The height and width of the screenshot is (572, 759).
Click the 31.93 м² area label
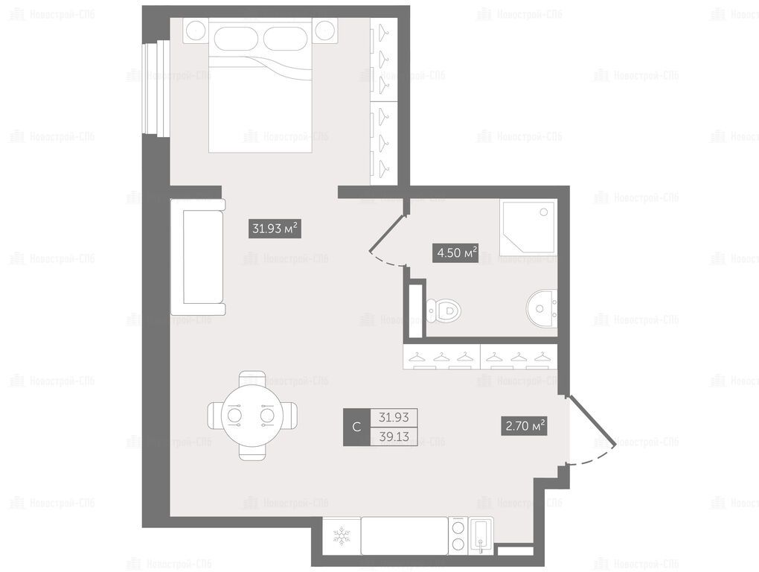pyautogui.click(x=275, y=228)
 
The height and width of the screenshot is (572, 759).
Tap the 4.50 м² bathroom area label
pyautogui.click(x=455, y=252)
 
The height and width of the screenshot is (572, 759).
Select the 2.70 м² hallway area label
pyautogui.click(x=524, y=426)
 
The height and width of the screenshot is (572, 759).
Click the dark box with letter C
pyautogui.click(x=356, y=427)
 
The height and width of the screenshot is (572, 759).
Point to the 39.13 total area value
pyautogui.click(x=394, y=436)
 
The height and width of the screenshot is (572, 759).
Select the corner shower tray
pyautogui.click(x=528, y=229)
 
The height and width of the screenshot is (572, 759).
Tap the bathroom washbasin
pyautogui.click(x=542, y=308)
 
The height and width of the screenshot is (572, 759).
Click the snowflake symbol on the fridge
pyautogui.click(x=342, y=536)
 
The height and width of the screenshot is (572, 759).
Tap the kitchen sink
pyautogui.click(x=481, y=536)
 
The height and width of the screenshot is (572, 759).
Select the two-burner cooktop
pyautogui.click(x=458, y=536)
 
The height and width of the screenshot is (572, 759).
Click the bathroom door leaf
pyautogui.click(x=387, y=233)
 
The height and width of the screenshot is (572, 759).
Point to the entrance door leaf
pyautogui.click(x=592, y=420)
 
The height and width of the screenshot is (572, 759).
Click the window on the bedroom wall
pyautogui.click(x=156, y=88)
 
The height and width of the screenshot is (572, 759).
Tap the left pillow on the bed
pyautogui.click(x=234, y=36)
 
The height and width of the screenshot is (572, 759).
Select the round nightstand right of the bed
pyautogui.click(x=324, y=31)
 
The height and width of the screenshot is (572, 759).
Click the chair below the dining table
pyautogui.click(x=252, y=452)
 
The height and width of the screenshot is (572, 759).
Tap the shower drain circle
pyautogui.click(x=544, y=212)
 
